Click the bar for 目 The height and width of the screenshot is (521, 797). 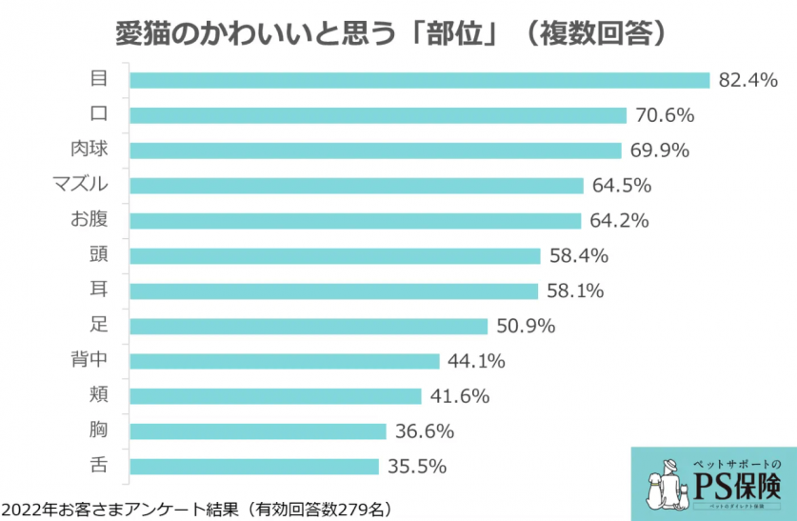(x=419, y=80)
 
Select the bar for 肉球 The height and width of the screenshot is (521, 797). (x=374, y=150)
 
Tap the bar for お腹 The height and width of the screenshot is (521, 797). (x=354, y=221)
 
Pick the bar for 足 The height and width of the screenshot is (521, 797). (x=309, y=327)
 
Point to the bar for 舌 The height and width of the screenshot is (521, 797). (x=254, y=467)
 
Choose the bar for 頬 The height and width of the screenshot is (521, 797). (x=275, y=396)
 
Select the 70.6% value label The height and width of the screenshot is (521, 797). (x=664, y=115)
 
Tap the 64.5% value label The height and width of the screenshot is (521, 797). (x=621, y=186)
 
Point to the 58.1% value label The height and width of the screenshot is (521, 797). (x=575, y=291)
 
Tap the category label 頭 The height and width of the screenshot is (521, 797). (x=98, y=255)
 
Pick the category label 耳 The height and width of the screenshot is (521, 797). (x=98, y=291)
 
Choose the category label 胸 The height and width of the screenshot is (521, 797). (x=98, y=431)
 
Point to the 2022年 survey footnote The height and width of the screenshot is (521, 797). (x=196, y=507)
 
